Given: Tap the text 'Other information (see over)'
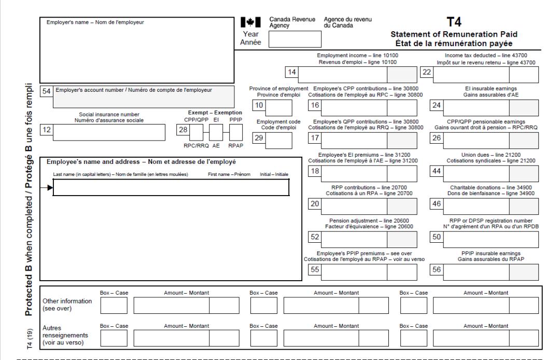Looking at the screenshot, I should [69, 304].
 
